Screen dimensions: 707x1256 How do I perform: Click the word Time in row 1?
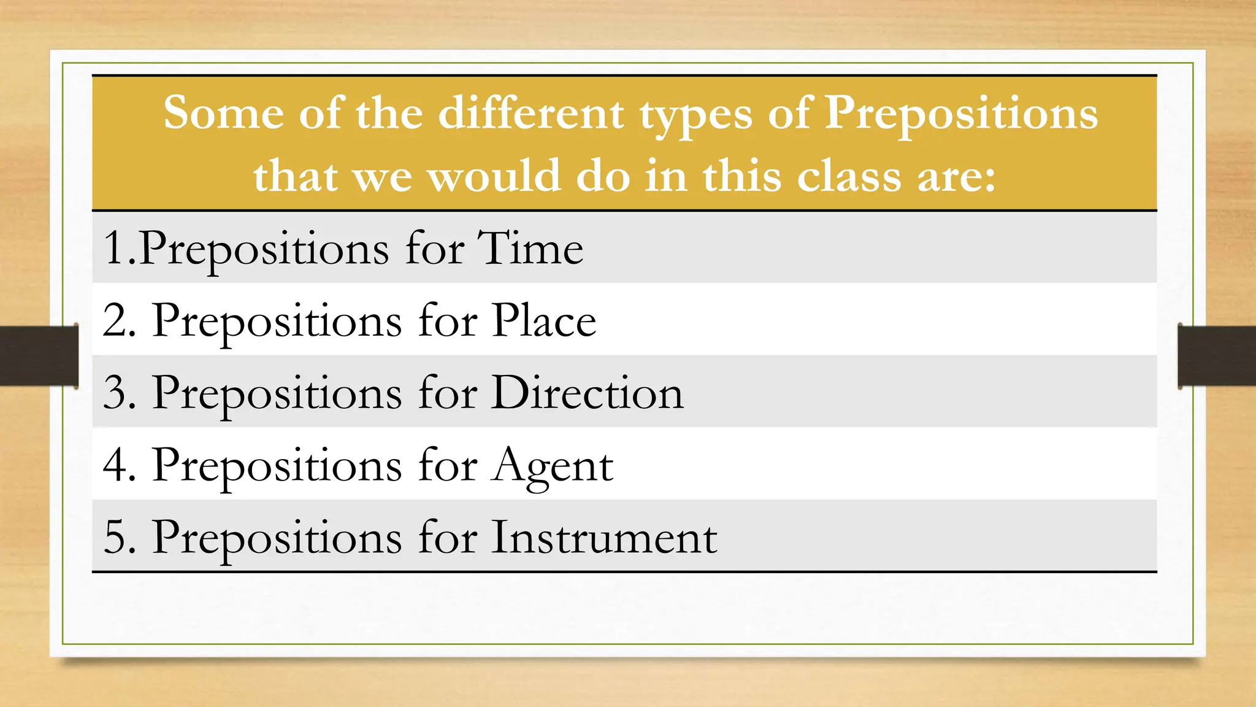pyautogui.click(x=530, y=249)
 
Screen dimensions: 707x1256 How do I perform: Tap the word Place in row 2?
pyautogui.click(x=544, y=320)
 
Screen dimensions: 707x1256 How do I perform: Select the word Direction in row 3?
pyautogui.click(x=587, y=393)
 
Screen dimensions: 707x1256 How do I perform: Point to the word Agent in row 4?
pyautogui.click(x=553, y=465)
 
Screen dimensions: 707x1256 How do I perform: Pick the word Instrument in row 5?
pyautogui.click(x=603, y=538)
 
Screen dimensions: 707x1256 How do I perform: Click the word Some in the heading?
pyautogui.click(x=223, y=114)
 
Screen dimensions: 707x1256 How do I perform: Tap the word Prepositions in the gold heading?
pyautogui.click(x=960, y=115)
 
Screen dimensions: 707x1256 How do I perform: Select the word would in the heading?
pyautogui.click(x=493, y=176)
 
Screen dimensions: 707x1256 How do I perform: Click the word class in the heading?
pyautogui.click(x=849, y=176)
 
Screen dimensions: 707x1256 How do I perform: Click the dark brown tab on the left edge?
pyautogui.click(x=39, y=356)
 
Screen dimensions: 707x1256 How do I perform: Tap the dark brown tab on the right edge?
pyautogui.click(x=1217, y=356)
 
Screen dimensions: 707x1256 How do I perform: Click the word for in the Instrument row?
pyautogui.click(x=447, y=538)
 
